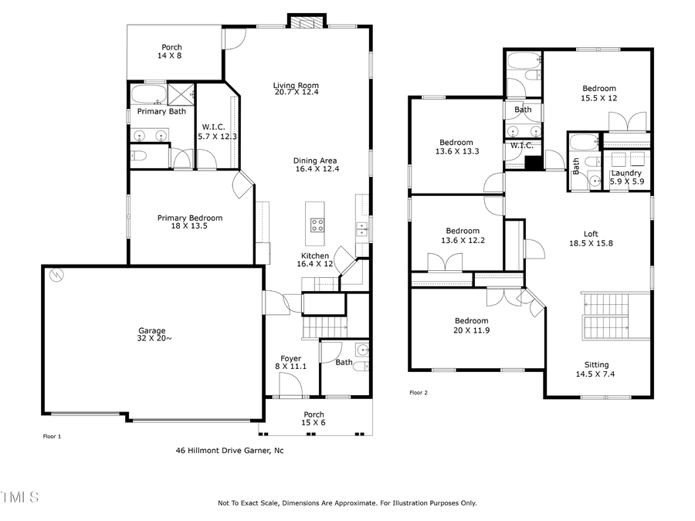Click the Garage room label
(152, 335)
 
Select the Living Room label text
(295, 89)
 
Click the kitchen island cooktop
(317, 225)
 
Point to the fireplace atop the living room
(301, 22)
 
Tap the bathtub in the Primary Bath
(147, 95)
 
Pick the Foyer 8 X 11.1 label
(291, 362)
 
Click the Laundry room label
(625, 177)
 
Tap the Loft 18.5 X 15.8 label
(591, 239)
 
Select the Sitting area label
(596, 369)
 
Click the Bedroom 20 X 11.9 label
(471, 325)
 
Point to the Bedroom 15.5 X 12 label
(599, 93)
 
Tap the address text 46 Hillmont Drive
(229, 450)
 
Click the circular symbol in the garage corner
(55, 275)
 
